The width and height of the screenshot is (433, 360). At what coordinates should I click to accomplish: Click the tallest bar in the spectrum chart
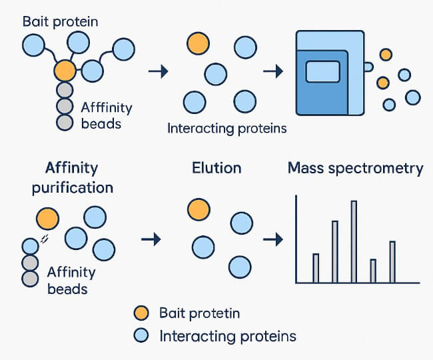(354, 242)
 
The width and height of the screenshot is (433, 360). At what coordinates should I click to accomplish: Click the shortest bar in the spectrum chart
(373, 271)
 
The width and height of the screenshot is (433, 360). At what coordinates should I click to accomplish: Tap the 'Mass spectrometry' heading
(356, 168)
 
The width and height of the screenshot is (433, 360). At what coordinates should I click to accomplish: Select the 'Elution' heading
(217, 168)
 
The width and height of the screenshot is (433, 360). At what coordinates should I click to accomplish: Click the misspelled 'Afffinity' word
(107, 107)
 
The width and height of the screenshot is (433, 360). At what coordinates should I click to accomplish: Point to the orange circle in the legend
(141, 313)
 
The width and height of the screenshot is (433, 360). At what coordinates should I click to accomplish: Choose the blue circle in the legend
(141, 335)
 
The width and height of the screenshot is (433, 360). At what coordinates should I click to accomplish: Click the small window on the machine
(323, 71)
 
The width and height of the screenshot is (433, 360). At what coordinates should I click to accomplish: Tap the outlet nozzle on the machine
(368, 67)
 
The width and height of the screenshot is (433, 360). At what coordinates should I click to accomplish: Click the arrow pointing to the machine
(273, 71)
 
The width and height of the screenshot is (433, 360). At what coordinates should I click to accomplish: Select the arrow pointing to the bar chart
(273, 239)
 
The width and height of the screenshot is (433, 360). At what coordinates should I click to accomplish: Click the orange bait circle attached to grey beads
(65, 71)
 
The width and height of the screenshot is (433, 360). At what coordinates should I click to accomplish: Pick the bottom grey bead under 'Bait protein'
(65, 123)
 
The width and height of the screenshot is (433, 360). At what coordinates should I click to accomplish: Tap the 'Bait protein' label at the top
(60, 22)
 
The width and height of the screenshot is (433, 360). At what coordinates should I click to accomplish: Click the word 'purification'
(73, 188)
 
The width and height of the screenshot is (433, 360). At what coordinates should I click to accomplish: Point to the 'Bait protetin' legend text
(199, 313)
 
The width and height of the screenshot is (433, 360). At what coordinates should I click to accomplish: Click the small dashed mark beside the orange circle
(44, 239)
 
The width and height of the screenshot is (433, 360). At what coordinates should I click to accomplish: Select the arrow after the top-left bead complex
(159, 71)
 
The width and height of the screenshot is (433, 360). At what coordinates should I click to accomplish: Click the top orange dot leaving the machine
(386, 55)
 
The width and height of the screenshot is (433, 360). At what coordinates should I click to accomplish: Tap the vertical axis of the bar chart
(296, 239)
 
